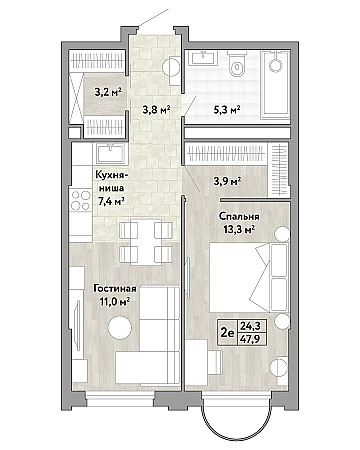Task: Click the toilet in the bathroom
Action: (x=237, y=64)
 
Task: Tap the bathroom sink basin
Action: (x=203, y=58)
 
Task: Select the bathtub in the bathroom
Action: (x=275, y=85)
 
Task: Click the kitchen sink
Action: (x=111, y=154)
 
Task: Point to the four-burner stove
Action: (x=81, y=200)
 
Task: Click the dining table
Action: (x=146, y=242)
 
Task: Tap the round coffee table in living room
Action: (x=120, y=328)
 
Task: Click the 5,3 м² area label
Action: (x=227, y=109)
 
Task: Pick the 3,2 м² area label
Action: (x=108, y=92)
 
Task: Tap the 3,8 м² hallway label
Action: (x=157, y=109)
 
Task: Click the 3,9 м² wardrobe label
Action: (x=227, y=181)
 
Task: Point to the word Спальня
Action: (x=239, y=216)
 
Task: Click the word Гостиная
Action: (x=115, y=289)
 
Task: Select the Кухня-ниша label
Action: (x=110, y=181)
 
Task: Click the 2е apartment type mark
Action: (x=228, y=332)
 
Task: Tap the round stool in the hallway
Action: (x=171, y=68)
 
